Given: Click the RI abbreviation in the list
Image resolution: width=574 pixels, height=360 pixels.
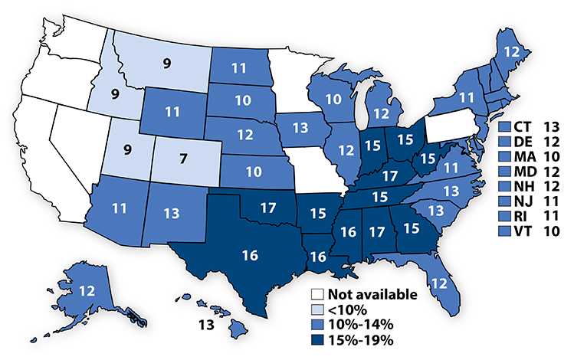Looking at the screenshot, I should (520, 214).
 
